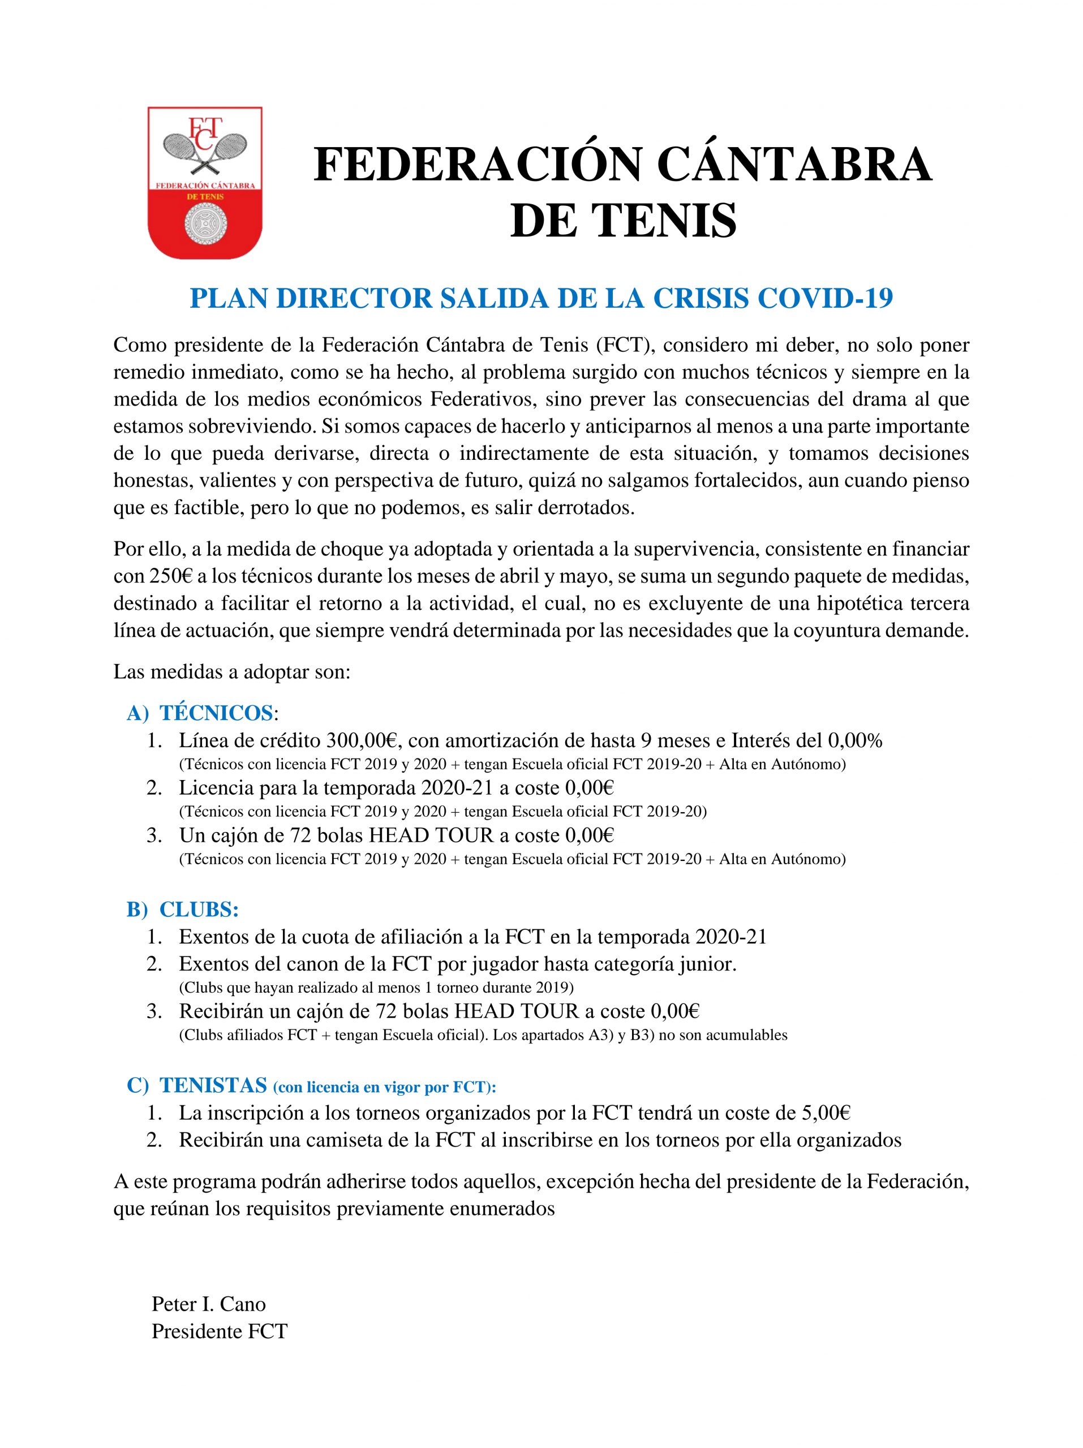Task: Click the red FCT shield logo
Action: (205, 182)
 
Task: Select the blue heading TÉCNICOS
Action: (216, 713)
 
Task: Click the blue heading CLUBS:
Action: (199, 910)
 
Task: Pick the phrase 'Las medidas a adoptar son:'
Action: (232, 673)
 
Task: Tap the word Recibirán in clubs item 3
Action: (222, 1011)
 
